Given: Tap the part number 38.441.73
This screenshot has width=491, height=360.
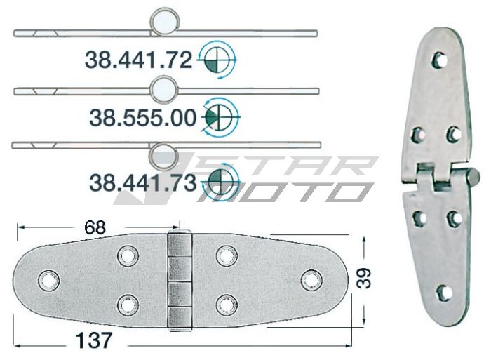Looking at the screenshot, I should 142,183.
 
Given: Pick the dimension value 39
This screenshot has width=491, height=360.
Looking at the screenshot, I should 362,279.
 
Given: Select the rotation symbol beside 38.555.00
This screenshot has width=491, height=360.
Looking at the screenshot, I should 220,115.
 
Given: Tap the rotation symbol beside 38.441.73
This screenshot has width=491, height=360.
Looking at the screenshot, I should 220,180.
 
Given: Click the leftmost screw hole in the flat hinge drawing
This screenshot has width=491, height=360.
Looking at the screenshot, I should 48,279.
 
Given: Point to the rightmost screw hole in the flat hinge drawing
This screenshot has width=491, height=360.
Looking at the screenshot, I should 309,279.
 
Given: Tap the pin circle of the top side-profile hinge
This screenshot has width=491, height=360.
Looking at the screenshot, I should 163,20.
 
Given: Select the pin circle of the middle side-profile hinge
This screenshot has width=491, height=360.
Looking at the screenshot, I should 163,88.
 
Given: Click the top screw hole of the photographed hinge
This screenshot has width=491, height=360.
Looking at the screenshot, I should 440,59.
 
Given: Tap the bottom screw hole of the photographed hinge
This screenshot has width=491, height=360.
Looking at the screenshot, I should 442,292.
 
